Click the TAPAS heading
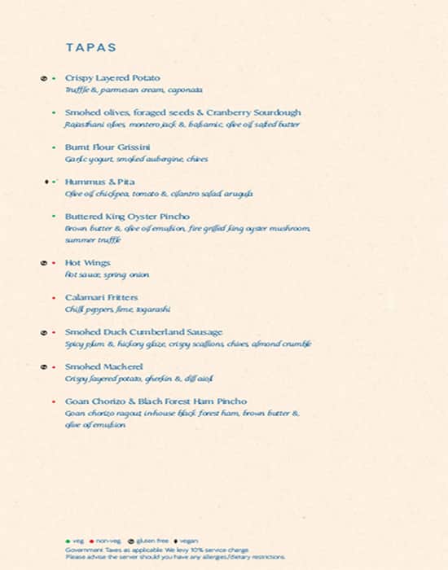point(90,48)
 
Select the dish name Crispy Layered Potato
point(112,78)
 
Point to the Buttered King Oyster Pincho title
point(127,217)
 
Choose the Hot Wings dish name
point(88,263)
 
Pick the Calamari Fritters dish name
point(102,298)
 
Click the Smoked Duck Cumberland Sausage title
point(143,332)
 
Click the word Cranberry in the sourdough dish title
point(234,112)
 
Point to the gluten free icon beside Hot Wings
point(43,264)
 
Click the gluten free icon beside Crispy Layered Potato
point(43,78)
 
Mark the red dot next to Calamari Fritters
point(54,298)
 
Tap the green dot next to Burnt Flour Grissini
point(54,147)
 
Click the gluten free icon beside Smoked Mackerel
point(43,367)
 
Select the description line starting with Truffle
point(134,90)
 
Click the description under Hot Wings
point(107,275)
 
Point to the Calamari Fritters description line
point(117,310)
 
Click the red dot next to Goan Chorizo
point(54,402)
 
